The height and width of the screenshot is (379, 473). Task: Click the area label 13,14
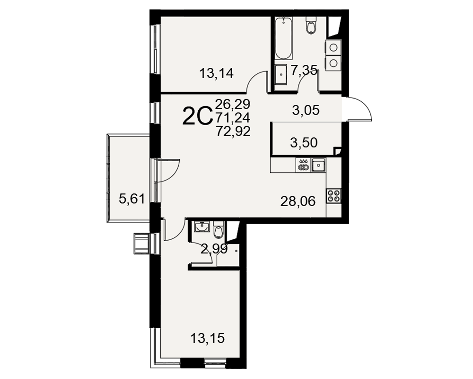(217, 73)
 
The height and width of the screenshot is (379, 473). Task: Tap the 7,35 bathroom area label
(304, 70)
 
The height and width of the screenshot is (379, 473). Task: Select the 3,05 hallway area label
(306, 110)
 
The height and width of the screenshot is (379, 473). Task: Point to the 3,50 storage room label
(304, 143)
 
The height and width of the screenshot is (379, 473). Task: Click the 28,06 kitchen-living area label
(298, 201)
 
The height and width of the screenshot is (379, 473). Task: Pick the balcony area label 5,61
(132, 199)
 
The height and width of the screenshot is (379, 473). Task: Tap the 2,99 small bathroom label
(214, 250)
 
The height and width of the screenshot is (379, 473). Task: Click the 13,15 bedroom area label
(208, 338)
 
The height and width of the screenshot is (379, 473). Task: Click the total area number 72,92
(233, 132)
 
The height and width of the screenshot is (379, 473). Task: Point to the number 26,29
(233, 104)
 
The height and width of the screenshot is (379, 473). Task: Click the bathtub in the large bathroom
(283, 38)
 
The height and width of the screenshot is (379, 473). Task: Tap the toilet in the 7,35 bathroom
(310, 25)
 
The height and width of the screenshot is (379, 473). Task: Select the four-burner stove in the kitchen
(333, 195)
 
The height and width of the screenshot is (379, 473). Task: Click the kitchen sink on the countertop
(318, 165)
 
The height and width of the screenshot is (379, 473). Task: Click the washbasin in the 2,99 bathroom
(201, 227)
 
